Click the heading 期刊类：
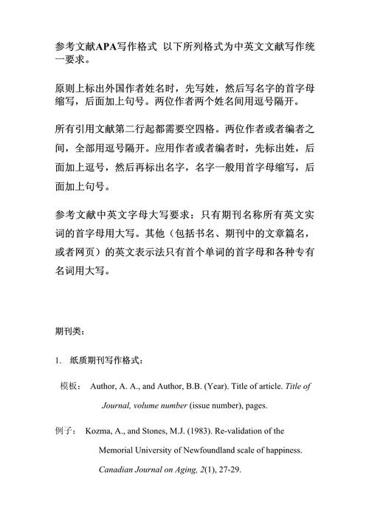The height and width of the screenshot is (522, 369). point(71,332)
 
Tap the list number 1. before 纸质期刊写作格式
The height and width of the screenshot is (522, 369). point(58,360)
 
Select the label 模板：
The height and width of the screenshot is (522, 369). point(71,386)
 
